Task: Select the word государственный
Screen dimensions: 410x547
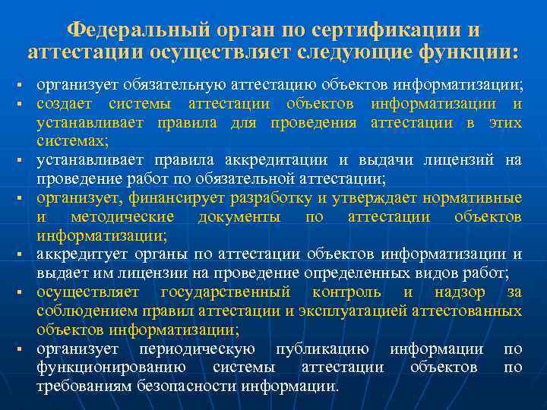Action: (226, 292)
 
